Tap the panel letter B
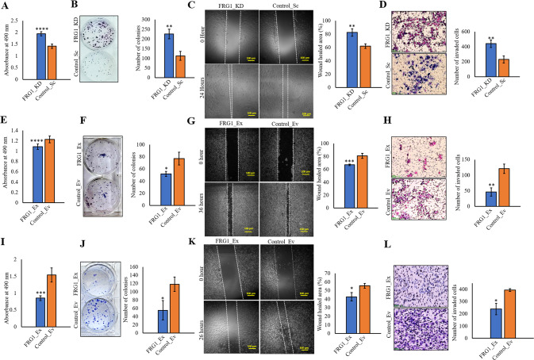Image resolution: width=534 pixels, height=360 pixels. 74,6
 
